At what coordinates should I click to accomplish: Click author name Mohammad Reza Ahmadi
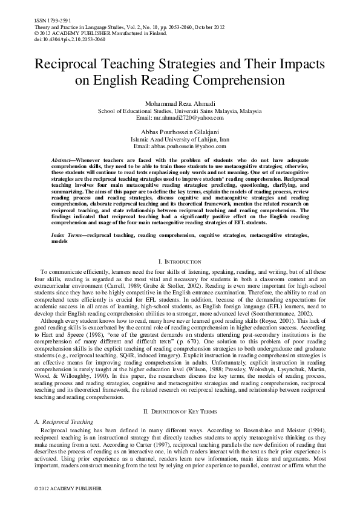tap(180, 105)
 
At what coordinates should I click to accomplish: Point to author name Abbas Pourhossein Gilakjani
tap(180, 131)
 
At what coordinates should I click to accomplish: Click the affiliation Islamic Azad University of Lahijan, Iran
tap(180, 138)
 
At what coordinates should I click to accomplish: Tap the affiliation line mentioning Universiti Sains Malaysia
tap(180, 112)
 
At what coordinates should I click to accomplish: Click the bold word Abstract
tap(62, 157)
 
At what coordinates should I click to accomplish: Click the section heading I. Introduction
tap(180, 261)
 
